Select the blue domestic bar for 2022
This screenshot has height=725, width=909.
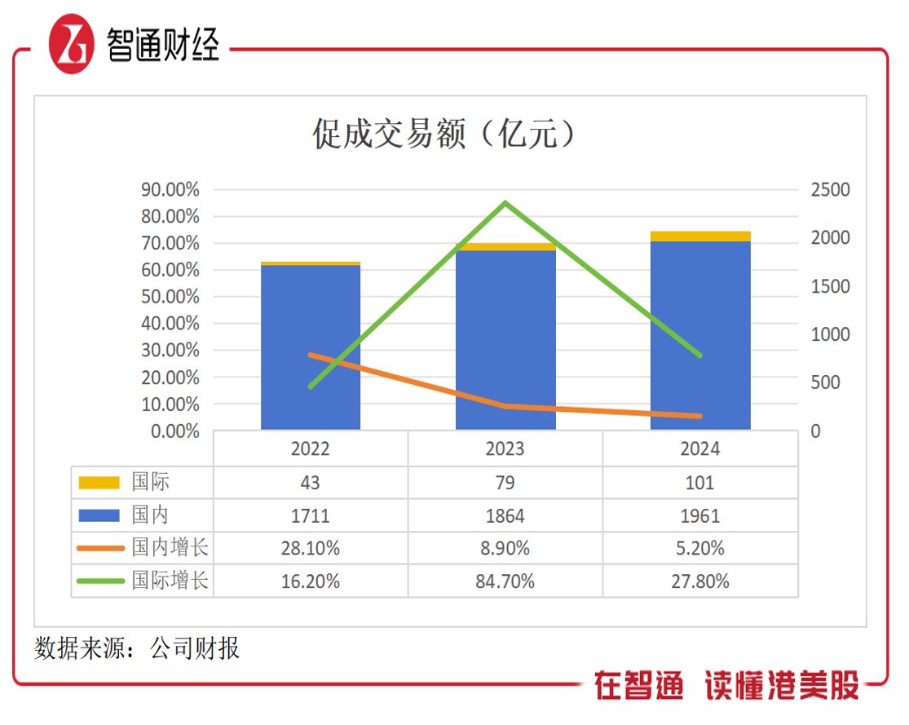(x=311, y=347)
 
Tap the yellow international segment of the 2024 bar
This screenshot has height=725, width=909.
(x=700, y=237)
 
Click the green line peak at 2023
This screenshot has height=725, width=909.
(x=505, y=202)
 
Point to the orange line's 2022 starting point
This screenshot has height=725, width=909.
(x=311, y=355)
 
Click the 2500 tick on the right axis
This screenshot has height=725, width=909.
(x=830, y=190)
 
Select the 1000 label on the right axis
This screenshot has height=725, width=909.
(x=830, y=334)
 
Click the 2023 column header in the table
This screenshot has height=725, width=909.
(x=505, y=449)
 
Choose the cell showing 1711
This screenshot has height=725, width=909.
(x=311, y=515)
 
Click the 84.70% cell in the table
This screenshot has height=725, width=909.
(x=505, y=581)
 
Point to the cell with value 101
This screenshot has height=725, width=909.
(x=700, y=483)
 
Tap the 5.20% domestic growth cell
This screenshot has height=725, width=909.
(x=700, y=549)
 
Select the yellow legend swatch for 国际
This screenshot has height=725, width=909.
(x=99, y=483)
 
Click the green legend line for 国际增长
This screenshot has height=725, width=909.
(x=99, y=581)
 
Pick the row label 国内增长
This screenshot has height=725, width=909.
(x=170, y=548)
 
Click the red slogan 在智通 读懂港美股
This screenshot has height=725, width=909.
(x=726, y=686)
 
